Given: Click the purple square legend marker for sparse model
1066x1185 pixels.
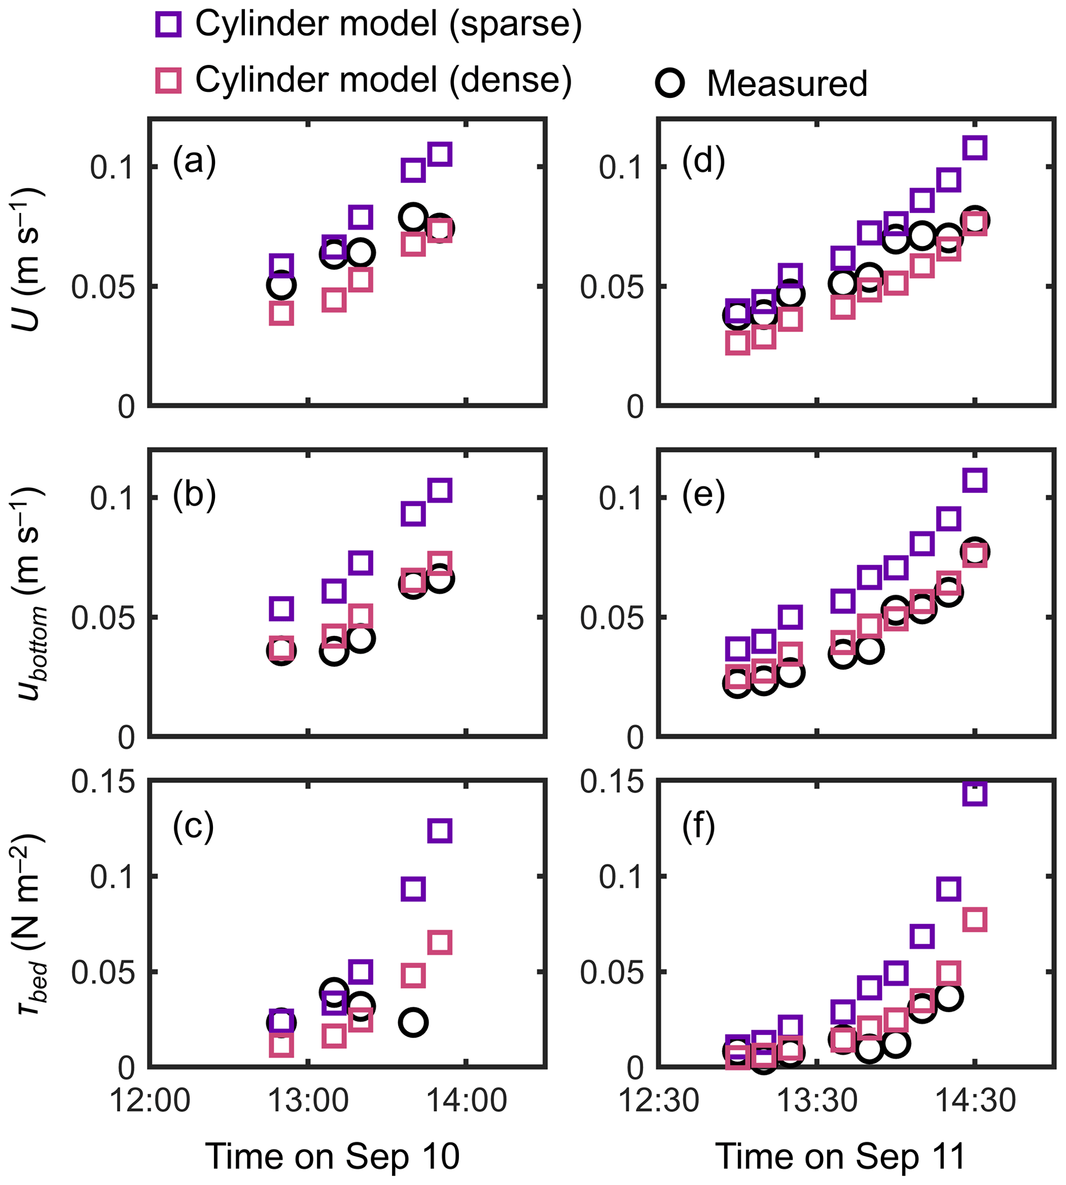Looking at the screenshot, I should click(x=168, y=25).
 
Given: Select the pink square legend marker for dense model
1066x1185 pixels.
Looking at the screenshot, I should click(x=168, y=79).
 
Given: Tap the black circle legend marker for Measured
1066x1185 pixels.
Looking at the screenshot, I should click(x=670, y=83).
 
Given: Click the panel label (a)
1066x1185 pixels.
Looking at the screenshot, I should click(x=194, y=161).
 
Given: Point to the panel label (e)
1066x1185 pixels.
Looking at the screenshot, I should click(x=703, y=495).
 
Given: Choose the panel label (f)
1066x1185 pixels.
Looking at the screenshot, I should click(x=698, y=827).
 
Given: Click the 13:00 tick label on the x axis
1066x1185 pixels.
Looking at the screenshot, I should click(x=308, y=1100).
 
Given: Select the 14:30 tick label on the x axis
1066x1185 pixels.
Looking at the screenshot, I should click(x=975, y=1100).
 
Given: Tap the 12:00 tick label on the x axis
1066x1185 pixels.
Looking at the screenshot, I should click(x=150, y=1100).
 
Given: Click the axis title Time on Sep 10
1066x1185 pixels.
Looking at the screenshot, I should click(x=332, y=1157).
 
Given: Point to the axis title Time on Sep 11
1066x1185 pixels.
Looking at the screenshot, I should click(x=841, y=1157).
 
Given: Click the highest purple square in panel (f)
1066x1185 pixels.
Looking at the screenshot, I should click(x=975, y=794).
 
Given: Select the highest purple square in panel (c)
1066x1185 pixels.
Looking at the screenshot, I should click(x=440, y=831).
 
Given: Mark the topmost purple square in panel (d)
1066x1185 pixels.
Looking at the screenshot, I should click(x=975, y=147).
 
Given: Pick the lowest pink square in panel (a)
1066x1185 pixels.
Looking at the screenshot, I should click(x=282, y=314).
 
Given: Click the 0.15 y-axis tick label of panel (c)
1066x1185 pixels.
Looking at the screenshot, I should click(x=103, y=781).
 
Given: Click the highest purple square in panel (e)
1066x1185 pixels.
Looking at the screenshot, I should click(x=975, y=480).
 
